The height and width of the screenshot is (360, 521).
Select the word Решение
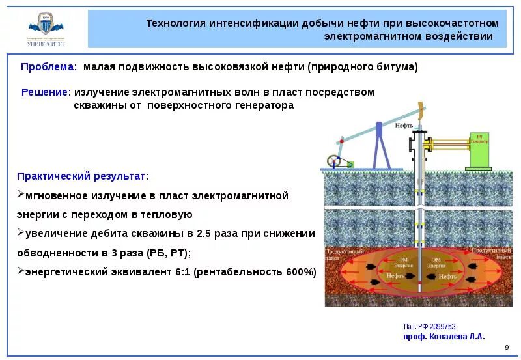coord(45,92)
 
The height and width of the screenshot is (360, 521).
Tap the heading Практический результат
coord(81,176)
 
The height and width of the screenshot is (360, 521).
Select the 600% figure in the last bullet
coord(298,272)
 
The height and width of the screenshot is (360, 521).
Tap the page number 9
coord(507,347)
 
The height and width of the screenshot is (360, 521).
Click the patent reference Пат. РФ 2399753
coord(429,327)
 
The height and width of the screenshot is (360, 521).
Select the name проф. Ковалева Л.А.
coord(444,337)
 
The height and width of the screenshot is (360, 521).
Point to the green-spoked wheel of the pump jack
coord(334,162)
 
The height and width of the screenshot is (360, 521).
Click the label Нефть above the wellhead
coord(404,125)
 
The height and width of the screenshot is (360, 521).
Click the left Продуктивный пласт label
coord(341,253)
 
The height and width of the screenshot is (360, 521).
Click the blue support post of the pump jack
coord(377,146)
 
